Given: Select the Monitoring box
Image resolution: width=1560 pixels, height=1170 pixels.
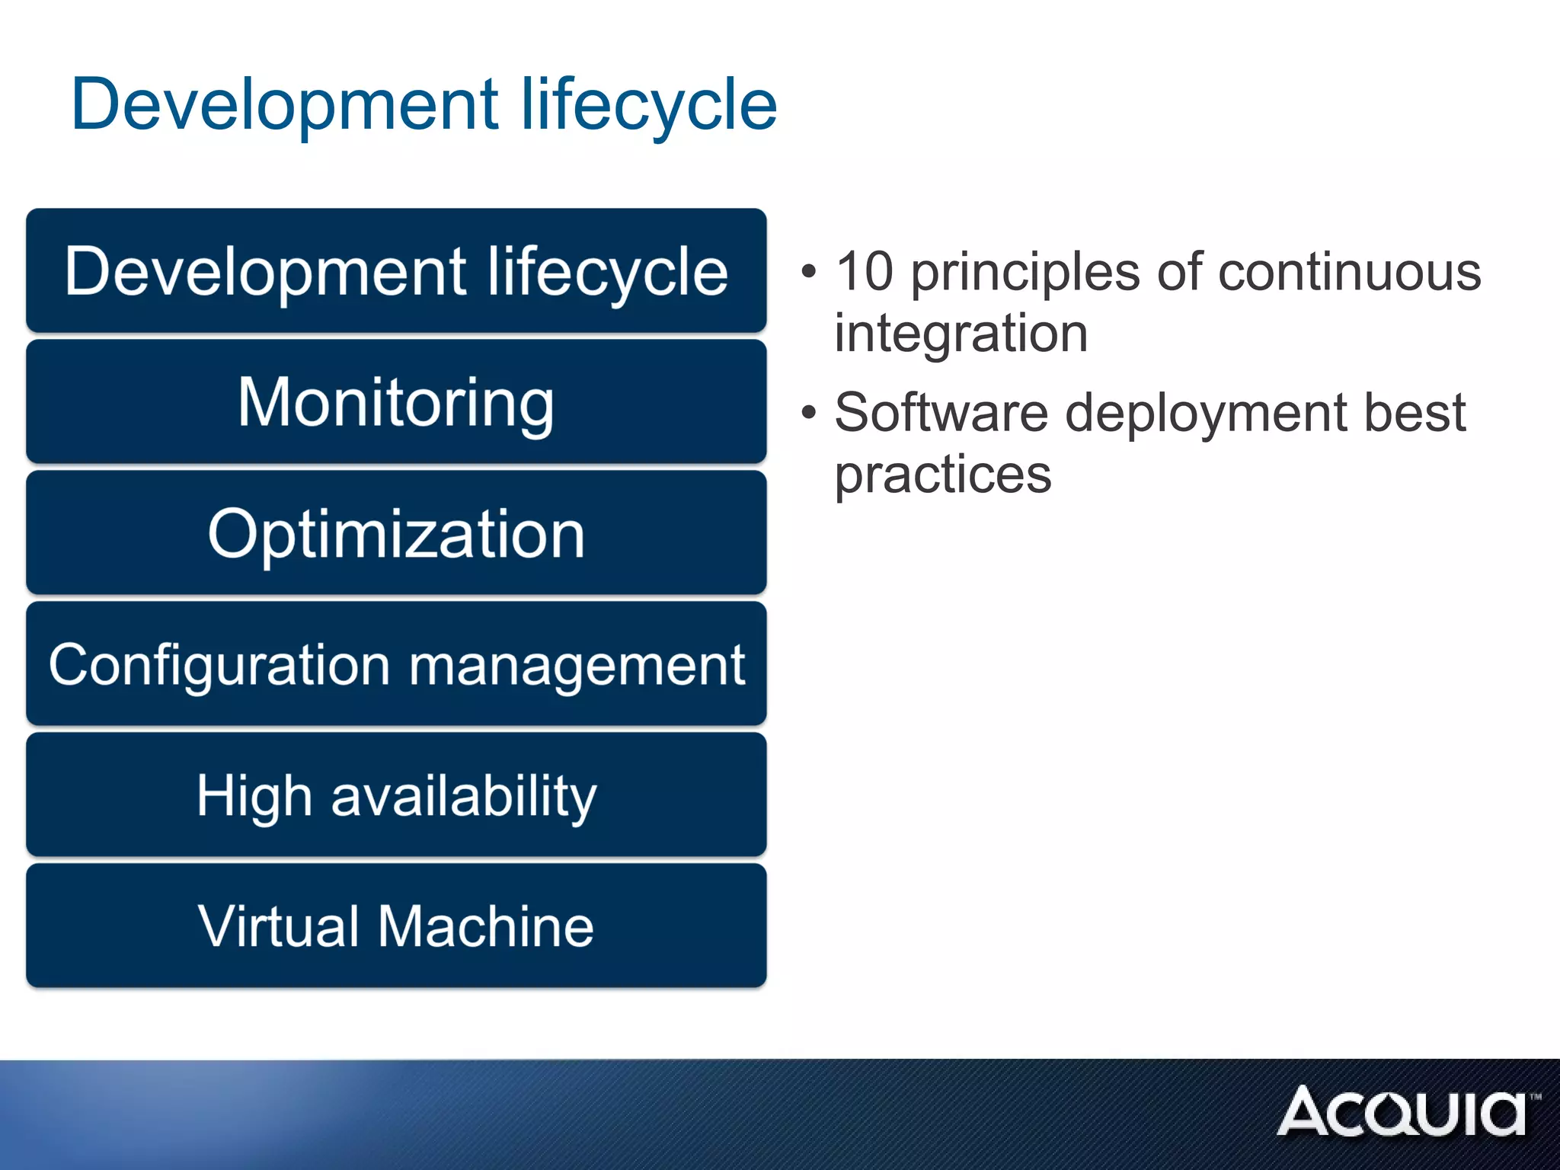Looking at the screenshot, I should pos(396,402).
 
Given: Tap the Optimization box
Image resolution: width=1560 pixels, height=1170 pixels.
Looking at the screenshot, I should pos(396,533).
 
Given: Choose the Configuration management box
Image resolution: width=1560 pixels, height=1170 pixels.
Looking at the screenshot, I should pos(396,664).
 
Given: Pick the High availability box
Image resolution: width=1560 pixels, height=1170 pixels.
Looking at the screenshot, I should pos(396,795).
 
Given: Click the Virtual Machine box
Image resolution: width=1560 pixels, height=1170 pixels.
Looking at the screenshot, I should pos(396,926).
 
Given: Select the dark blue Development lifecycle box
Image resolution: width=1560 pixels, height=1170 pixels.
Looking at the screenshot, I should pos(396,271).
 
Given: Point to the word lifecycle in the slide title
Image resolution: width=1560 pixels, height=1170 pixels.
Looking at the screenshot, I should pos(648,106).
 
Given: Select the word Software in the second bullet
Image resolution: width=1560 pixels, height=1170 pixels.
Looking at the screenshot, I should pos(941,413).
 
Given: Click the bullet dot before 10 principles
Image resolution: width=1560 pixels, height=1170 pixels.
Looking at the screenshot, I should pos(809,272).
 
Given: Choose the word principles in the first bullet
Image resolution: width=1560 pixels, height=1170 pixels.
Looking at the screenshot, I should pos(1025,273).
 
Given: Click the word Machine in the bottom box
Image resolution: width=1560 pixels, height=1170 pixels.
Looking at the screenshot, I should pos(486,926).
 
